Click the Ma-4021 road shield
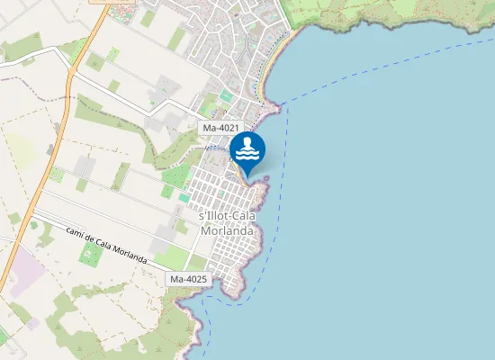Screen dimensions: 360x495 (x=221, y=129)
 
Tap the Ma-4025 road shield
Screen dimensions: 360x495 (x=189, y=279)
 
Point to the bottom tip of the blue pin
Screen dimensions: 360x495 (x=247, y=176)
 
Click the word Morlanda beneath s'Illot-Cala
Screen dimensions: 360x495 (x=225, y=230)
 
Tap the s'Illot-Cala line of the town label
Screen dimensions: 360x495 (x=225, y=217)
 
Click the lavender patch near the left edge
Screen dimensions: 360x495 (x=24, y=270)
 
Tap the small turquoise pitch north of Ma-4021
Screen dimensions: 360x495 (x=226, y=94)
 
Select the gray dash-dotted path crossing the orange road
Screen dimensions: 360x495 (x=36, y=86)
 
